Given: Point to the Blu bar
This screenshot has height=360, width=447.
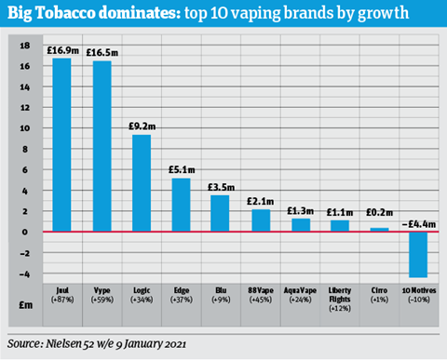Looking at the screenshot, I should tap(220, 213).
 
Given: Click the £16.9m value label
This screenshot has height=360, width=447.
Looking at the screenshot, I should tap(63, 49).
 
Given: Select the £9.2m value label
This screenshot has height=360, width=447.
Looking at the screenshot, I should tap(142, 126).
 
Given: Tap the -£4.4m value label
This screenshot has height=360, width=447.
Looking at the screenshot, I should tap(416, 222).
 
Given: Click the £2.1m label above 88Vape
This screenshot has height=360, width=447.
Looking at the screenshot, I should tap(260, 200).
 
